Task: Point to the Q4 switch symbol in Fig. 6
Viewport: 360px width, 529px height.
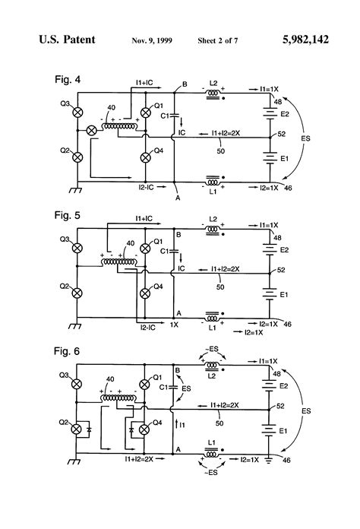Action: [149, 429]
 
